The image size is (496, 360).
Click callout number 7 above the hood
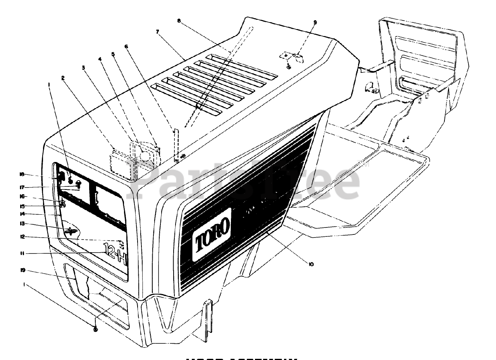coord(158,32)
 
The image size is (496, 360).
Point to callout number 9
coord(315,22)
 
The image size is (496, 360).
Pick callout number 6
coord(126,47)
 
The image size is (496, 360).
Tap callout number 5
coord(113,54)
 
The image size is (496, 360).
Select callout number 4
coord(100,59)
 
